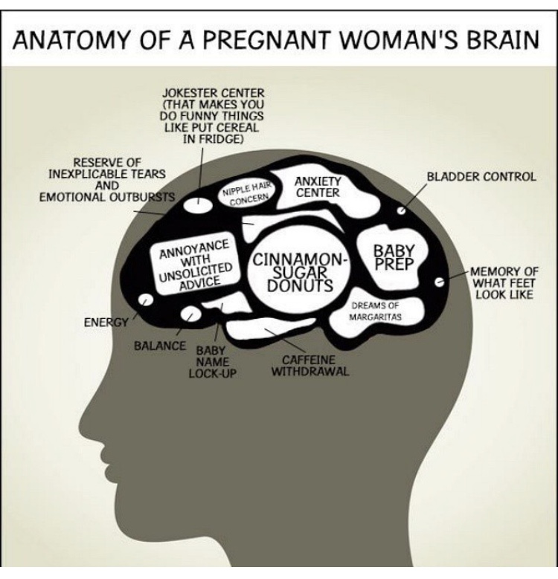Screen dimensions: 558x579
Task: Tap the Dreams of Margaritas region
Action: tap(377, 310)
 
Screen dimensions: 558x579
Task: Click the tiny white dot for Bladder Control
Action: tap(401, 210)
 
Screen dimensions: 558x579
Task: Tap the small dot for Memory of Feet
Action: tap(439, 281)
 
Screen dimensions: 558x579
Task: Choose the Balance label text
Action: tap(160, 346)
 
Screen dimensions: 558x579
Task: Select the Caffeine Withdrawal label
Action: tap(310, 365)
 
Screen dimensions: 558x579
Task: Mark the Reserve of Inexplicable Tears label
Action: tap(106, 179)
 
